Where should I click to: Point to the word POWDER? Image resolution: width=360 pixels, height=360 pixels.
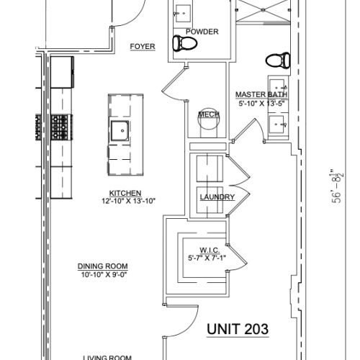coord(202,32)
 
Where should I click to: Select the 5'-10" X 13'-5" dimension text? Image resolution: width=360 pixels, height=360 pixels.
coord(262,104)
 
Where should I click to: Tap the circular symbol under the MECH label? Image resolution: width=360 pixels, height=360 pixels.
coord(207,122)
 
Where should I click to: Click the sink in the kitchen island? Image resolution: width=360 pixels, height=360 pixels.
coord(120,131)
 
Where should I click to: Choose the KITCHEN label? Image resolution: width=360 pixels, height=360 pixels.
coord(125,193)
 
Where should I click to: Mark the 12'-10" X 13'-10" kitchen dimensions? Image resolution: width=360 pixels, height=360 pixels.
coord(125,202)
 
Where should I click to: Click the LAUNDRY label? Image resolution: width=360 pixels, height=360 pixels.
coord(217,197)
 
